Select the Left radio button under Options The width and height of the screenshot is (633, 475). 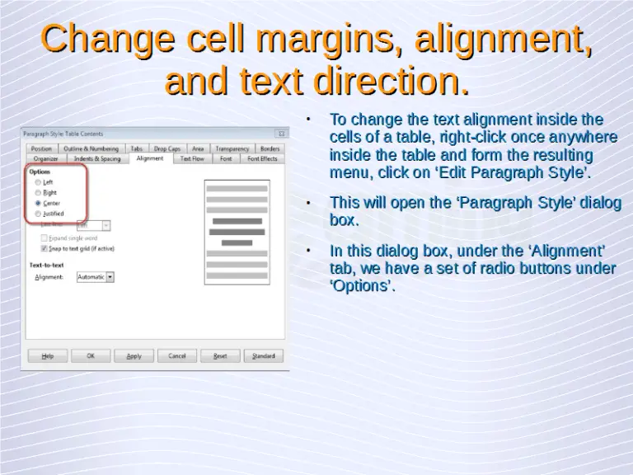pyautogui.click(x=38, y=181)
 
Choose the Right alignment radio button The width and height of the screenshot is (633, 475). pyautogui.click(x=38, y=192)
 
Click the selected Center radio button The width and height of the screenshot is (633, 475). pyautogui.click(x=38, y=203)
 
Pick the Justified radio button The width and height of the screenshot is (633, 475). pyautogui.click(x=38, y=214)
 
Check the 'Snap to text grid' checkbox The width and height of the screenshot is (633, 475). pyautogui.click(x=45, y=247)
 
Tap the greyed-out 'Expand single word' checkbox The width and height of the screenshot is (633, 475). pyautogui.click(x=45, y=237)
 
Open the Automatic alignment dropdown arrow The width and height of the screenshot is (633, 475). pyautogui.click(x=110, y=277)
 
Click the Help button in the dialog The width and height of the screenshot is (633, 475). pyautogui.click(x=48, y=356)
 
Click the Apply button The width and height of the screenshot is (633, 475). pyautogui.click(x=134, y=356)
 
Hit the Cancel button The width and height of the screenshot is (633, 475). pyautogui.click(x=177, y=356)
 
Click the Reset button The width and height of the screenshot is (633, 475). pyautogui.click(x=220, y=356)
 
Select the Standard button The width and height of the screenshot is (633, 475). pyautogui.click(x=264, y=356)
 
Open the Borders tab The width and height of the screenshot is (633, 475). pyautogui.click(x=270, y=148)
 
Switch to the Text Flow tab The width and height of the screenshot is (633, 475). pyautogui.click(x=192, y=158)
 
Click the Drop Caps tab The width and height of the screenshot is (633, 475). pyautogui.click(x=167, y=148)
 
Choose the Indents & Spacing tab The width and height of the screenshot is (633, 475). pyautogui.click(x=96, y=158)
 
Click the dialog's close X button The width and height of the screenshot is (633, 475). pyautogui.click(x=282, y=133)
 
